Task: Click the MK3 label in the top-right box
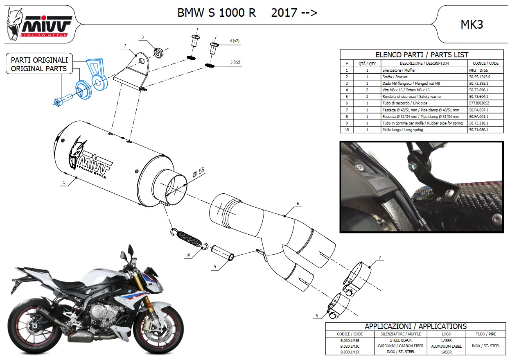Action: click(472, 25)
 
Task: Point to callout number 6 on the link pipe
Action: click(298, 203)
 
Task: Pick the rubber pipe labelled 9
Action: click(223, 253)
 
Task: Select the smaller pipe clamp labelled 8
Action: click(338, 305)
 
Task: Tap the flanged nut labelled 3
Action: click(158, 52)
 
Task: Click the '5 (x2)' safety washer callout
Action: click(235, 62)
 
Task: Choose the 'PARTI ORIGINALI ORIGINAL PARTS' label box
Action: click(39, 63)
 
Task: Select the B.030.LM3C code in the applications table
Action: click(350, 346)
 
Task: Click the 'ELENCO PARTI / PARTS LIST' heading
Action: click(422, 54)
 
